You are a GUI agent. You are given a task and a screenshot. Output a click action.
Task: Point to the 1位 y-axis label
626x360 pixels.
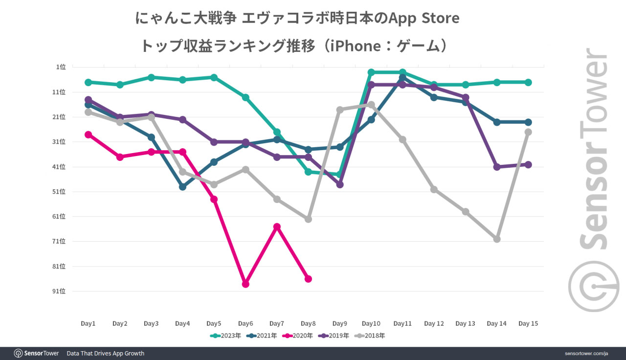pos(61,67)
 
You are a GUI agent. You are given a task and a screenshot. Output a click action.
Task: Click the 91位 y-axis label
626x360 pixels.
pos(59,291)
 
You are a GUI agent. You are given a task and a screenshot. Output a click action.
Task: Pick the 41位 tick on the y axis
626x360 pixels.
pos(59,167)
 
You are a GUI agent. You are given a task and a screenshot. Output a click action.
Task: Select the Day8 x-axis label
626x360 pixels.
pos(308,323)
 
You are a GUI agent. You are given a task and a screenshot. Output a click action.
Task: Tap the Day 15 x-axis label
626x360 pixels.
pos(528,323)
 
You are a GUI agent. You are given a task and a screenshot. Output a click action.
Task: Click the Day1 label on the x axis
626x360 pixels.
pos(88,323)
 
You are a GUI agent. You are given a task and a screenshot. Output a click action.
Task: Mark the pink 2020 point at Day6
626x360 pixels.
pos(246,284)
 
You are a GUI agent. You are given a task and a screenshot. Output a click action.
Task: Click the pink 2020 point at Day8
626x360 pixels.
pos(308,279)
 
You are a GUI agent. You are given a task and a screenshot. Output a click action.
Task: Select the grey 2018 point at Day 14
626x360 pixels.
pos(497,239)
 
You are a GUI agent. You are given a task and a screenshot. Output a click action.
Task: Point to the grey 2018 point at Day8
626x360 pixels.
pos(308,219)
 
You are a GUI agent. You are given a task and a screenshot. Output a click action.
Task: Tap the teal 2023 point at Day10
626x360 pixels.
pos(371,72)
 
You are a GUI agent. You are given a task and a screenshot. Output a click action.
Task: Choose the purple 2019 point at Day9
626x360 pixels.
pos(340,184)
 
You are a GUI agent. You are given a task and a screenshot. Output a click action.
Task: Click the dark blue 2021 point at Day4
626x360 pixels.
pos(182,187)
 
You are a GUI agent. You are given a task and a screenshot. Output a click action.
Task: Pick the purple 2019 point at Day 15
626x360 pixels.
pos(528,164)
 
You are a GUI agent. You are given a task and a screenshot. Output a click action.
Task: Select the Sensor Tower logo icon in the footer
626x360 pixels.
pos(19,353)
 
